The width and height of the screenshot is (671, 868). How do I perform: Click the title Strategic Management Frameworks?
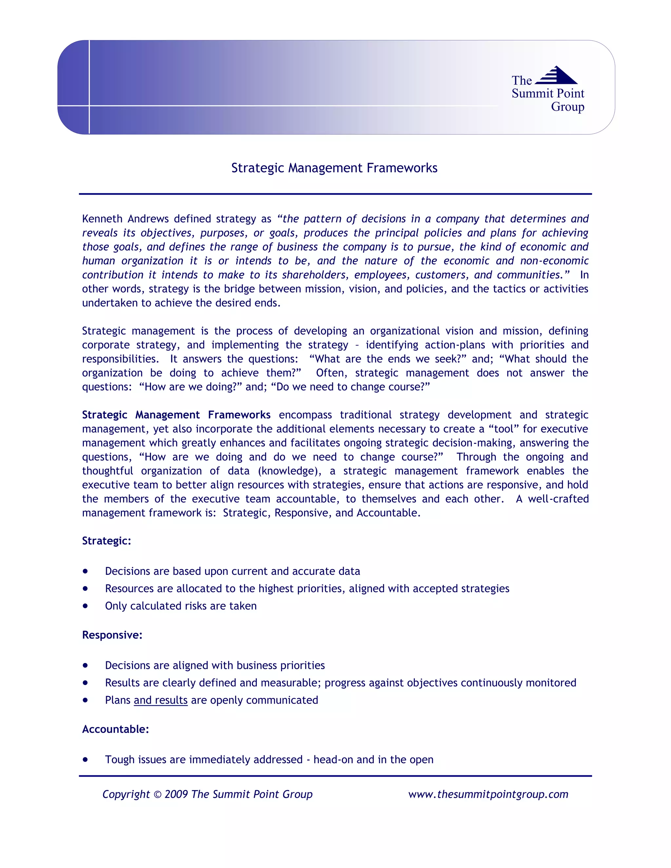click(x=334, y=168)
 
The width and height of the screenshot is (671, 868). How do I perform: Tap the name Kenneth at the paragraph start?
click(x=102, y=219)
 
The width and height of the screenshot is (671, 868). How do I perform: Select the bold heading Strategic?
click(x=106, y=541)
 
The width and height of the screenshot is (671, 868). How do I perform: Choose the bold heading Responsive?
click(x=112, y=635)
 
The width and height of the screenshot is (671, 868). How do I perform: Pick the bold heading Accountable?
click(x=115, y=729)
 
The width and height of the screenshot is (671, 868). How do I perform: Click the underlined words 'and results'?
click(x=161, y=700)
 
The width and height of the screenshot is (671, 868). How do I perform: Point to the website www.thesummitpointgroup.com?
click(x=488, y=795)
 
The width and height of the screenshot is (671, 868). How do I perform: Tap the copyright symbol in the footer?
click(x=157, y=795)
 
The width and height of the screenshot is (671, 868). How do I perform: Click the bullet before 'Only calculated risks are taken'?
click(x=86, y=606)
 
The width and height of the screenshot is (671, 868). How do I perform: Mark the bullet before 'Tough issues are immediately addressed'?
click(x=86, y=760)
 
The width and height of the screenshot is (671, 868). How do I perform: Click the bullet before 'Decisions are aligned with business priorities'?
click(x=86, y=665)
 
